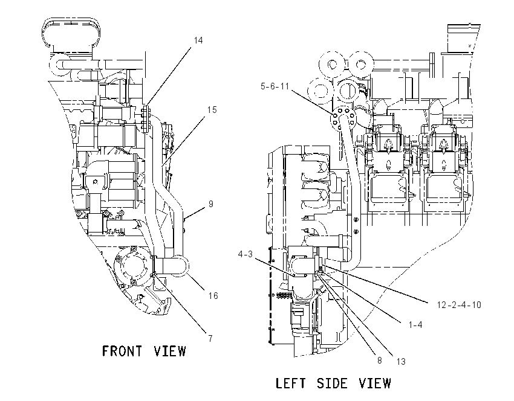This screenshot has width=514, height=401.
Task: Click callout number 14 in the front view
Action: pos(198,40)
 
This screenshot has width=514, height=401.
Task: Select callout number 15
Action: pos(212,110)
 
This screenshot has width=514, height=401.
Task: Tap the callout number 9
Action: pos(211,204)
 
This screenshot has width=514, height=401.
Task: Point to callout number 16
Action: pos(213,295)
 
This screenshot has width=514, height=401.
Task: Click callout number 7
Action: pos(210,338)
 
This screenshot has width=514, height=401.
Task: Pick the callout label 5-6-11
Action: pos(275,86)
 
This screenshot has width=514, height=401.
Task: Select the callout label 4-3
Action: pos(245,254)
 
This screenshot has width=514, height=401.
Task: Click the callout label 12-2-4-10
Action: pos(459,305)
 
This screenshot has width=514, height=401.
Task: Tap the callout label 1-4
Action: pos(415,325)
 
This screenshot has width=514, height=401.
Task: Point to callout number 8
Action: pos(380,361)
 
